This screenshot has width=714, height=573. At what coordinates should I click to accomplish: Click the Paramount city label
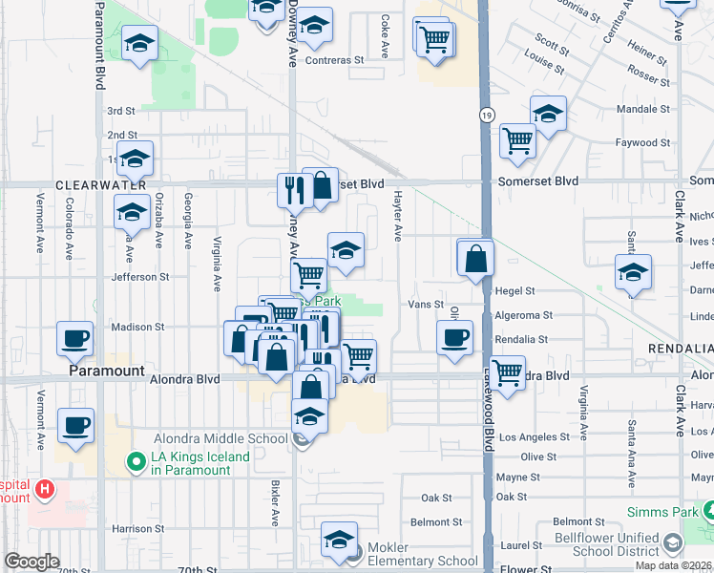[107, 371]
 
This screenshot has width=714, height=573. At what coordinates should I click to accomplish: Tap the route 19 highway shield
[487, 116]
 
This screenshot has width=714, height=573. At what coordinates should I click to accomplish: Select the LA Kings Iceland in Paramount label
[199, 463]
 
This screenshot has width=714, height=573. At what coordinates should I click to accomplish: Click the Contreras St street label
[334, 59]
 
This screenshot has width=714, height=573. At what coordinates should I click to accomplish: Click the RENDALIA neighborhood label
[680, 350]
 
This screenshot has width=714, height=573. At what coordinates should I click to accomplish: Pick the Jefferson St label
[140, 277]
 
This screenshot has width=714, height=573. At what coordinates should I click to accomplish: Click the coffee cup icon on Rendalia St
[454, 337]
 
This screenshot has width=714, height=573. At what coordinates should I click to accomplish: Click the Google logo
[31, 562]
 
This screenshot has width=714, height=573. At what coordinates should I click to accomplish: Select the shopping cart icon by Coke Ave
[434, 39]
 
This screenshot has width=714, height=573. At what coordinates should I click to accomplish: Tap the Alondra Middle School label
[220, 438]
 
